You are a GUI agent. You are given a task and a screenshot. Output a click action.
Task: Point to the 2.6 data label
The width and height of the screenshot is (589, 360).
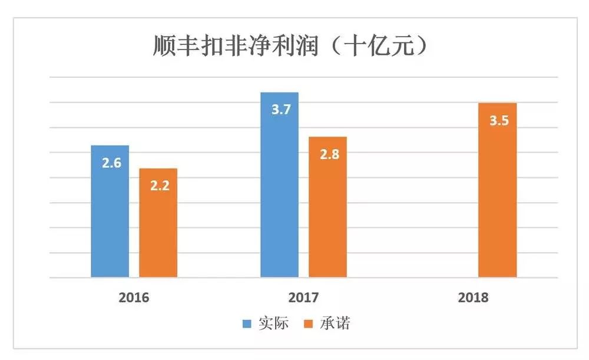tap(110, 163)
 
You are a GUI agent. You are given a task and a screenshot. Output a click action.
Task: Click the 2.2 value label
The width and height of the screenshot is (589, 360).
tap(158, 187)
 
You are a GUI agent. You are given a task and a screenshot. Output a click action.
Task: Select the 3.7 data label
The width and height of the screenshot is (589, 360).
tap(280, 110)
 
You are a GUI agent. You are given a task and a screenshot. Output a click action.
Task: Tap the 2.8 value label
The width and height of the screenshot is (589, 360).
tap(328, 154)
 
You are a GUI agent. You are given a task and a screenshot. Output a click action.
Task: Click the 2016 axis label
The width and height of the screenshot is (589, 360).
tap(134, 297)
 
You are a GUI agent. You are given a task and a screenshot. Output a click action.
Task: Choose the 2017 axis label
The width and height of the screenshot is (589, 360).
tap(303, 297)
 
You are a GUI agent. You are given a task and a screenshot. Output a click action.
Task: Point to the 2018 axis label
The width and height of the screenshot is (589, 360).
tap(473, 297)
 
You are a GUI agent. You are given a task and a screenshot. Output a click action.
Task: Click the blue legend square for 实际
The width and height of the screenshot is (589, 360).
tap(247, 323)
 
